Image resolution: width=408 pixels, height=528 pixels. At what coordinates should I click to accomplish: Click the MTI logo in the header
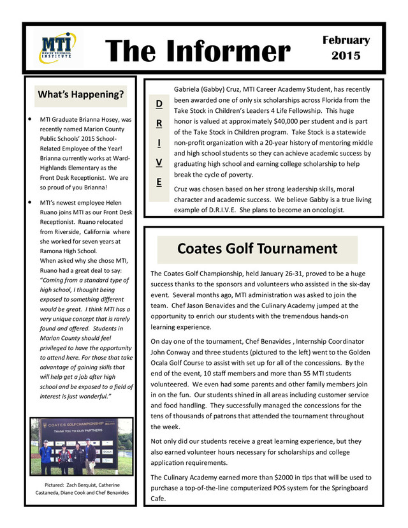(57, 48)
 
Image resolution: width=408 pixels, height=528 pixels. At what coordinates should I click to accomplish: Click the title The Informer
(197, 50)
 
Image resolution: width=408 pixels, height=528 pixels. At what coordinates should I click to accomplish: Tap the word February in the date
(346, 40)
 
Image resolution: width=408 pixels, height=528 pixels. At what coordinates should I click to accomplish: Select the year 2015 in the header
(346, 56)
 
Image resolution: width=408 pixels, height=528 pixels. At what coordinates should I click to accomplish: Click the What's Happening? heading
(81, 95)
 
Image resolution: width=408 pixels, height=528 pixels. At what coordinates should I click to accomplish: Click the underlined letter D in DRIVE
(159, 103)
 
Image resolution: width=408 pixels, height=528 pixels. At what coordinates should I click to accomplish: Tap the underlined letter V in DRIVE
(159, 162)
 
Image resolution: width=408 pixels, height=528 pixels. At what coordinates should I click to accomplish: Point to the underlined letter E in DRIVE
(159, 182)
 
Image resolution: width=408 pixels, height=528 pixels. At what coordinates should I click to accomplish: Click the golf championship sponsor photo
(81, 447)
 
